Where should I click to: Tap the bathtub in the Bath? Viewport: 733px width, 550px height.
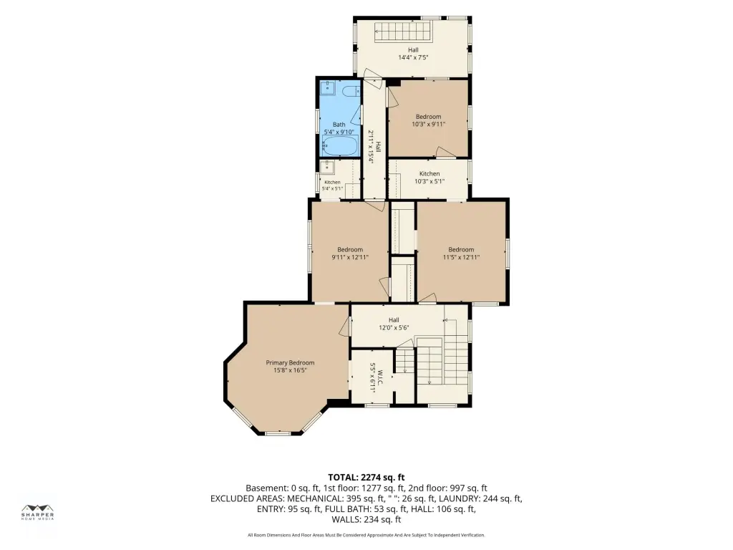tap(340, 145)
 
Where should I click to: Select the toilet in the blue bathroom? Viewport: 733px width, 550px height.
tap(349, 91)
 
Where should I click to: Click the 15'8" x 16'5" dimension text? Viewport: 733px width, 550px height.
tap(290, 370)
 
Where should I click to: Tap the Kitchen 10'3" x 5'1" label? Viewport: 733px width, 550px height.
tap(429, 178)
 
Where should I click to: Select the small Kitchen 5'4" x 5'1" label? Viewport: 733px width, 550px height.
tap(332, 185)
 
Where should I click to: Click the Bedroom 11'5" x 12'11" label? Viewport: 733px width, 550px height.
tap(461, 253)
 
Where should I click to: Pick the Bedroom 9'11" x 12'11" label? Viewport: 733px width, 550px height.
tap(350, 253)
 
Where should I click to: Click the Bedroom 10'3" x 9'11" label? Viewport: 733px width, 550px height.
tap(428, 120)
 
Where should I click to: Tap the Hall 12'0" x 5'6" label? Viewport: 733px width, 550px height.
tap(394, 324)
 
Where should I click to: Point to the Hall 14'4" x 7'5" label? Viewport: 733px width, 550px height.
tap(413, 54)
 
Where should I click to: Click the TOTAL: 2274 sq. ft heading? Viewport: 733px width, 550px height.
tap(366, 478)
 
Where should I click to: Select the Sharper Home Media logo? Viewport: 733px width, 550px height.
tap(38, 512)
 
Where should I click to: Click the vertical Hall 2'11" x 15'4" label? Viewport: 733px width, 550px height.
tap(374, 146)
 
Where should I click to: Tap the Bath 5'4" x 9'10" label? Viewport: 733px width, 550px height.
tap(339, 128)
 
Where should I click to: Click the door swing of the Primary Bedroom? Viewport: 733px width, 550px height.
tap(344, 326)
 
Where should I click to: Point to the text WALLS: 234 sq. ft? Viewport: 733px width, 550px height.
tap(366, 519)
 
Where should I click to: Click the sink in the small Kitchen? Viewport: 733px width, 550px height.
tap(326, 166)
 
